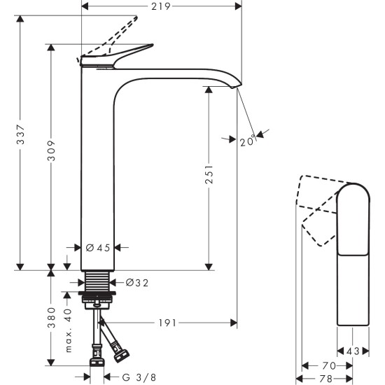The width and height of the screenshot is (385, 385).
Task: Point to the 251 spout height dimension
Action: tap(209, 178)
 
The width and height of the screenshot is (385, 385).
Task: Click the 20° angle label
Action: tap(246, 141)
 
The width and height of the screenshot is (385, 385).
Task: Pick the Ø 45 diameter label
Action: tap(97, 247)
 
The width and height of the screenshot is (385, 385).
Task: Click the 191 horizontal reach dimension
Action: tap(167, 323)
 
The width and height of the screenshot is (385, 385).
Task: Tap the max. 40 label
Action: tap(68, 329)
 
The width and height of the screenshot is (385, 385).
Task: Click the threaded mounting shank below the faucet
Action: tap(97, 284)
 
